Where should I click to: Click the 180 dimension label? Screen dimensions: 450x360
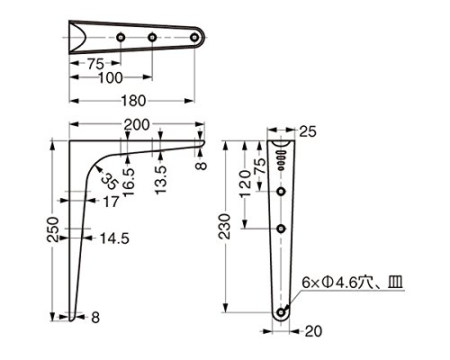133,101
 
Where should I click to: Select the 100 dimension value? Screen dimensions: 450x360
111,77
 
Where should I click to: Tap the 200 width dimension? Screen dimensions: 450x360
137,124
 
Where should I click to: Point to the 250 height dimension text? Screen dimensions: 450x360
53,229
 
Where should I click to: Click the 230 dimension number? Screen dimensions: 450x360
224,226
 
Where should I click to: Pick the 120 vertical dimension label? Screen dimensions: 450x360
246,183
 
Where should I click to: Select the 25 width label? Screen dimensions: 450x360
308,131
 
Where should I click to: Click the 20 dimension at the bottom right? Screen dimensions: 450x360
313,331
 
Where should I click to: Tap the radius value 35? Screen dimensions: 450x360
108,182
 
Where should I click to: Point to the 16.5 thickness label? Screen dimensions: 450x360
129,183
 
